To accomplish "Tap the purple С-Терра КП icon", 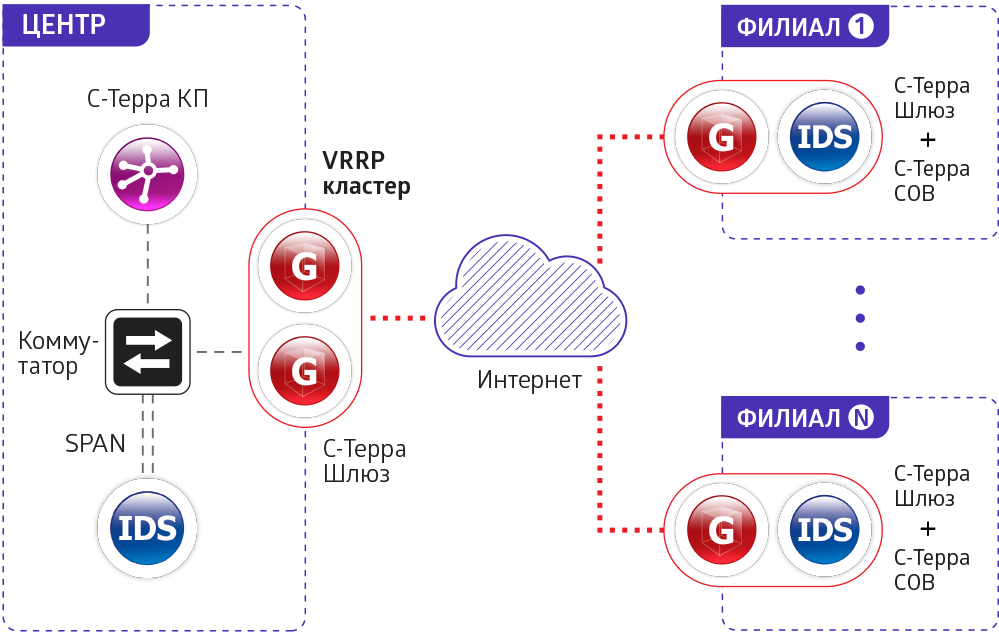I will click(x=148, y=171).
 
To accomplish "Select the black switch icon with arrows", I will click(x=148, y=352).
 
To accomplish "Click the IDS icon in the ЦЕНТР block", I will click(x=148, y=527).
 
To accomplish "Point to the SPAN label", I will click(x=96, y=443).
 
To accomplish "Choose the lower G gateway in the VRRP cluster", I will click(x=304, y=371).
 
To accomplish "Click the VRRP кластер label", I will click(x=366, y=173).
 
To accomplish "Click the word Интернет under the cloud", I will click(x=530, y=380).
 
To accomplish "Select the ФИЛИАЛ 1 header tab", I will click(x=805, y=27).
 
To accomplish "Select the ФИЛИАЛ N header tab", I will click(x=805, y=417).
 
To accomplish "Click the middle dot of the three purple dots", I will click(x=860, y=318).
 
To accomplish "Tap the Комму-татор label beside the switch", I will click(x=58, y=354).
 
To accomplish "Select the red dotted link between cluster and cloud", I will click(x=397, y=318).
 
